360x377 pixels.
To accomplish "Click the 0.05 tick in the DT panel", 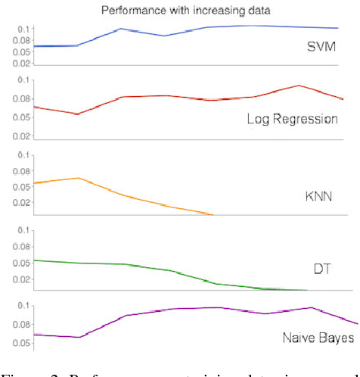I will click(x=22, y=263).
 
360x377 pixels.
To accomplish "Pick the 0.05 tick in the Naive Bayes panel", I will click(x=22, y=343).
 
